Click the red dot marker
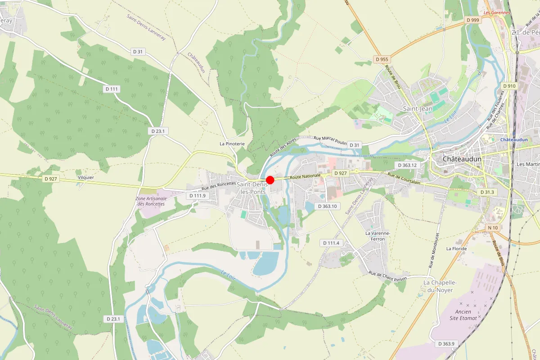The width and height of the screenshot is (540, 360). [x=270, y=180]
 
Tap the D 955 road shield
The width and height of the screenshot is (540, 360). [x=382, y=59]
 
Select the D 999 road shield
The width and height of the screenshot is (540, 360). [x=473, y=20]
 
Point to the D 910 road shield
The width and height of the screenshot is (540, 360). [x=509, y=86]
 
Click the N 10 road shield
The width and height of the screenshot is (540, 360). [x=493, y=228]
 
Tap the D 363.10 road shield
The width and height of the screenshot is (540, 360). [x=327, y=206]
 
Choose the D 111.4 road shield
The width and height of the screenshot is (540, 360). [x=331, y=243]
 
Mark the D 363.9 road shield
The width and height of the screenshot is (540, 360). [x=446, y=344]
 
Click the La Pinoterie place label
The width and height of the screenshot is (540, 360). [x=232, y=144]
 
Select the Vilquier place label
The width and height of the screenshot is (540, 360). [x=85, y=177]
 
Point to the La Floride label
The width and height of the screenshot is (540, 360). [x=456, y=248]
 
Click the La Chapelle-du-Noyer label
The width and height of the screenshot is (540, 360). [x=441, y=286]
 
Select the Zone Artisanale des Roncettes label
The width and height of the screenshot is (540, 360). [x=151, y=201]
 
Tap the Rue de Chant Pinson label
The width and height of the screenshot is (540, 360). [x=387, y=276]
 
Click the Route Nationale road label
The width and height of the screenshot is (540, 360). [x=306, y=176]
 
